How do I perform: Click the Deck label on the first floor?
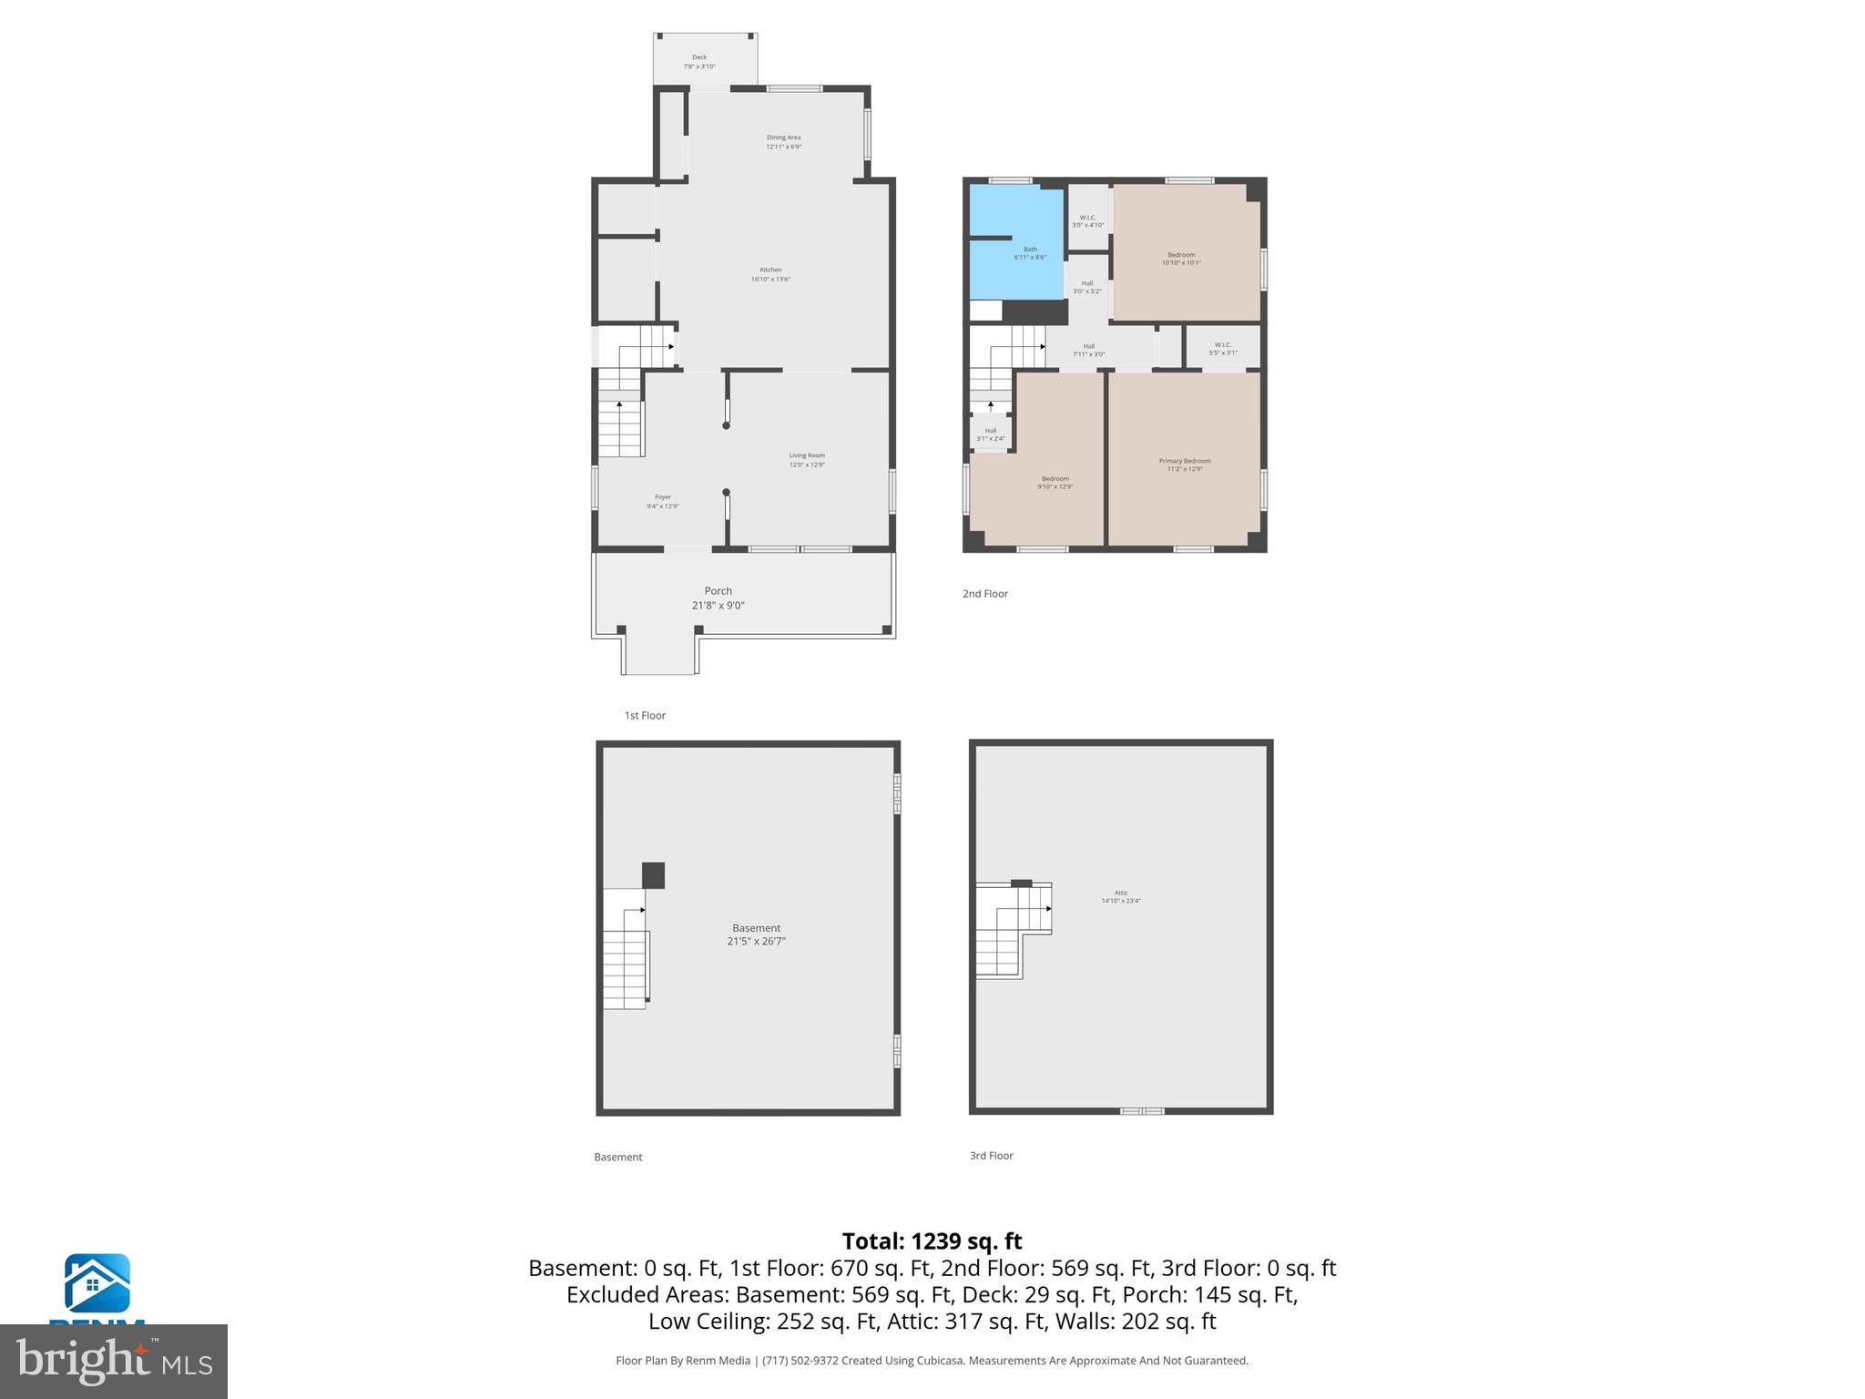pos(699,62)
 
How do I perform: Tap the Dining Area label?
pos(783,142)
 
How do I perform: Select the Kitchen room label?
pos(770,274)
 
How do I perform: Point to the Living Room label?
pos(807,460)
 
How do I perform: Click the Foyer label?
pos(663,502)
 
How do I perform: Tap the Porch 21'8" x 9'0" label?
pos(718,597)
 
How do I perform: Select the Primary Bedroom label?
pos(1185,465)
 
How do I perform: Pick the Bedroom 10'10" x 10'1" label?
pos(1181,259)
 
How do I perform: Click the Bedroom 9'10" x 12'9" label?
pos(1055,483)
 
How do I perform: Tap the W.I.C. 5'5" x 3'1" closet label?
pos(1222,349)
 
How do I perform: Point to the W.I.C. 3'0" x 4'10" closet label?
pos(1087,221)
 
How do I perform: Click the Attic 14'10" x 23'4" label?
pos(1121,897)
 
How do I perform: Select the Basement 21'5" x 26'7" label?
pos(756,934)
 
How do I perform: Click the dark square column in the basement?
pos(653,875)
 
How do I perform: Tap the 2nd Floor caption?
pos(985,594)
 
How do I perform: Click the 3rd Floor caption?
pos(991,1156)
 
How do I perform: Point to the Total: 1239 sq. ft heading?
pos(932,1241)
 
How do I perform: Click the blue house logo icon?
pos(97,1282)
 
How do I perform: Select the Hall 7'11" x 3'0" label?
pos(1088,351)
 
